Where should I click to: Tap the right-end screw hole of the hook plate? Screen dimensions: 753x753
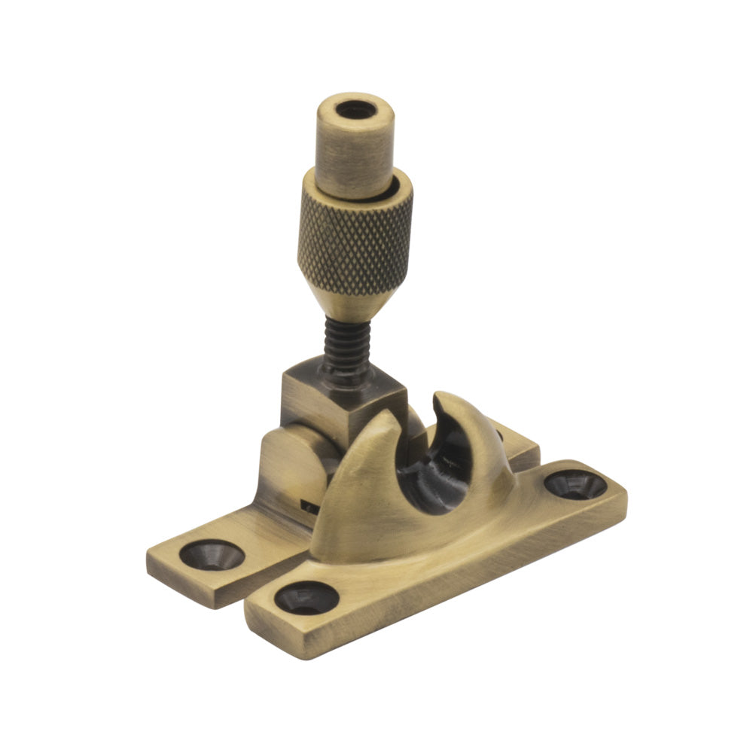(x=575, y=484)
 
